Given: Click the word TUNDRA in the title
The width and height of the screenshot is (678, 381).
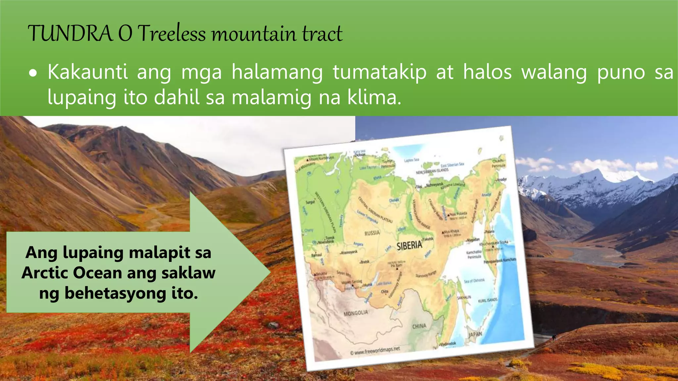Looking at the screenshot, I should point(70,34).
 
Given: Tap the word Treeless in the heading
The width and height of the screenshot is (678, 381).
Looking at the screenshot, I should point(171,34).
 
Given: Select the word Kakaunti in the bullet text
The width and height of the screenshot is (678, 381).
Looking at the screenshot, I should point(87,72).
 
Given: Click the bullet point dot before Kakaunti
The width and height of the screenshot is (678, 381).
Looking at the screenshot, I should point(33,74).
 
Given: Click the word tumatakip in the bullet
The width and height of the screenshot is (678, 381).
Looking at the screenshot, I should point(380,72).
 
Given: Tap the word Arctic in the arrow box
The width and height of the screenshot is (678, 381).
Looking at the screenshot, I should point(46,273).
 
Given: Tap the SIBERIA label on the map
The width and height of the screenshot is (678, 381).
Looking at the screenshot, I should point(410,245).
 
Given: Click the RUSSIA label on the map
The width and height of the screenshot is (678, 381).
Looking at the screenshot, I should point(372,233).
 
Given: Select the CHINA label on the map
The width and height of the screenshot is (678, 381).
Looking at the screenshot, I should point(419,326).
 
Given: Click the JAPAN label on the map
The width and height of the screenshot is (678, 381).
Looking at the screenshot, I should point(475,334).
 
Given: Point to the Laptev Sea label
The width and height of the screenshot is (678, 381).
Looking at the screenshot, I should point(412,160).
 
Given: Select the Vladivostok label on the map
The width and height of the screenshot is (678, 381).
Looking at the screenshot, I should point(447,344).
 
